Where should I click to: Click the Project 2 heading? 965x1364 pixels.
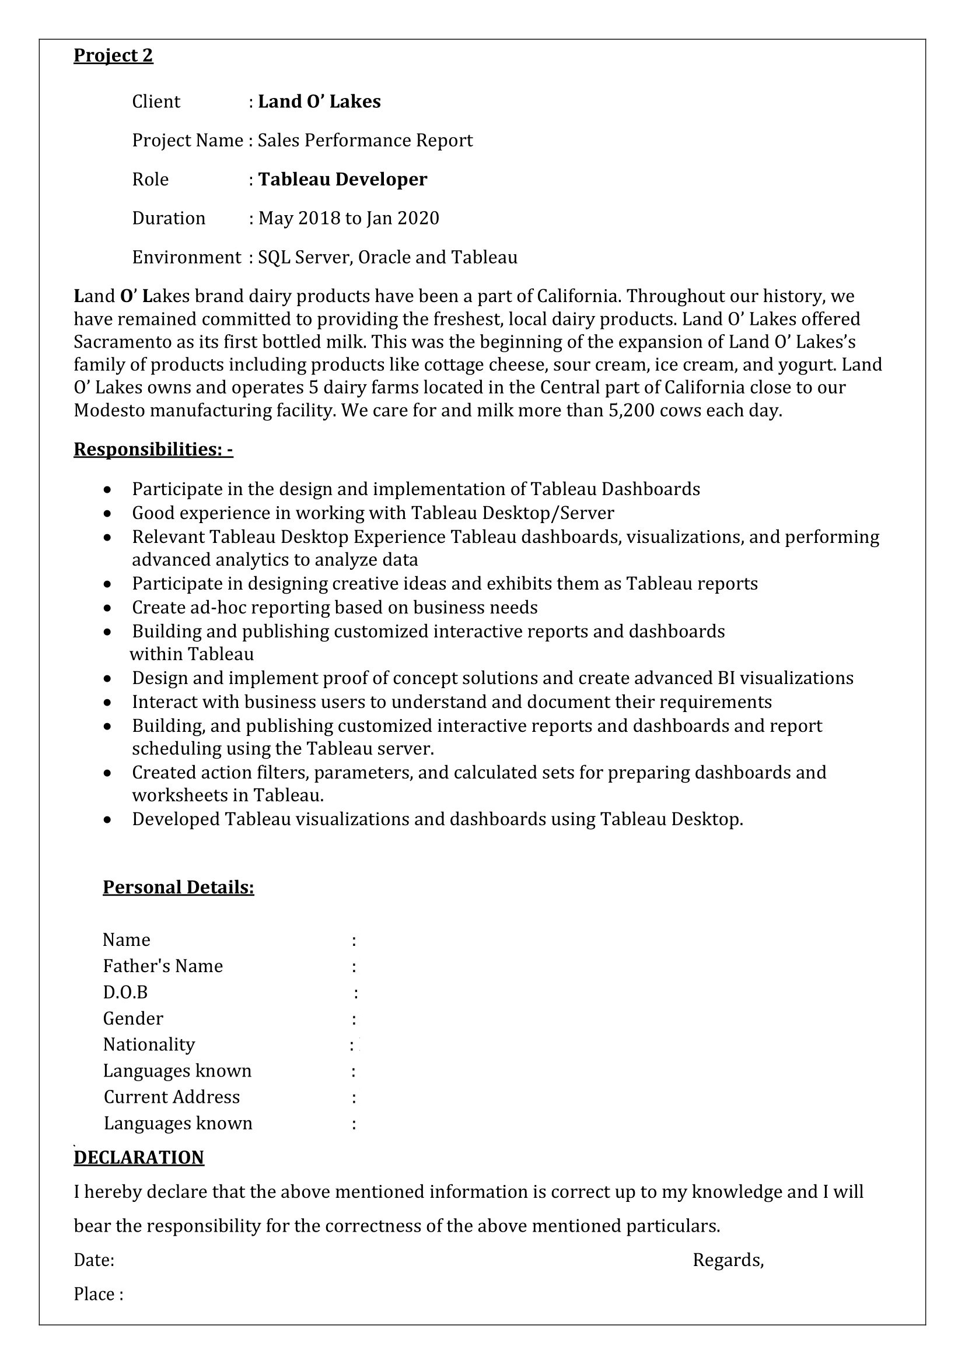pos(113,56)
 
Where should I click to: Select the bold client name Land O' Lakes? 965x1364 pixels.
pos(319,101)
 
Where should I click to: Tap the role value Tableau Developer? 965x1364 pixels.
pos(342,180)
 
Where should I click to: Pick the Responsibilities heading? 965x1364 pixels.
pos(153,450)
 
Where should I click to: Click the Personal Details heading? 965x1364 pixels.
pos(179,887)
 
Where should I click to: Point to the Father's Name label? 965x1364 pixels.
pos(163,966)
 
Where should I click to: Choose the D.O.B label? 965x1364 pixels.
pos(125,993)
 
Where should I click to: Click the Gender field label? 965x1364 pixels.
pos(132,1019)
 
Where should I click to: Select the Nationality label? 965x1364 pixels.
pos(149,1045)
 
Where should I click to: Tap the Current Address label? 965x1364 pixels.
pos(172,1097)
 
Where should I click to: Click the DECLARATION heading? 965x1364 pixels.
pos(138,1157)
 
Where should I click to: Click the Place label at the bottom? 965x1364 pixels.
pos(98,1294)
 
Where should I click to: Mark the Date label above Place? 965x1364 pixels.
pos(94,1260)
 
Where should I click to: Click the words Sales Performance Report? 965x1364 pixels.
pos(365,141)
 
